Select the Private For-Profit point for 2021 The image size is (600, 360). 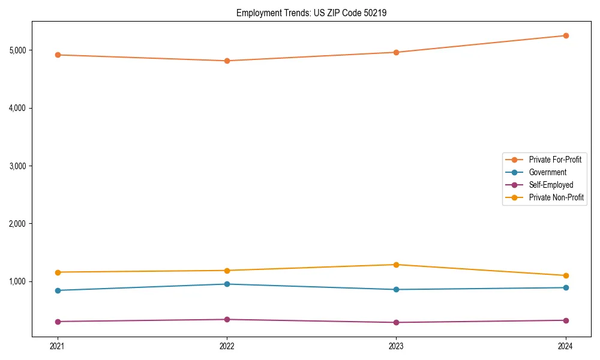[58, 55]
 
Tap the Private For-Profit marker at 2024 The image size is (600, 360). [565, 35]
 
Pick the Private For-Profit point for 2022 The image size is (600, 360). [227, 61]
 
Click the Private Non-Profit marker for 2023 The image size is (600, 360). [396, 265]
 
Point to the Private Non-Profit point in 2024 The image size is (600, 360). [565, 275]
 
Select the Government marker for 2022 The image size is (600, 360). [227, 284]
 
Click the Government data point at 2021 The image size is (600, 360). [58, 290]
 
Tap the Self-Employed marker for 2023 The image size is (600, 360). [396, 322]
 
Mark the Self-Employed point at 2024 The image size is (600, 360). [565, 320]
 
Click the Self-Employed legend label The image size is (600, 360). [551, 185]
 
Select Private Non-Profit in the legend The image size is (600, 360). [556, 197]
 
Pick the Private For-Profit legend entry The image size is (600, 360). [555, 160]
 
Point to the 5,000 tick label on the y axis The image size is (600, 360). [19, 50]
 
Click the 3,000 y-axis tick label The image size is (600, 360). [19, 166]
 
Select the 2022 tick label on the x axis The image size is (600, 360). [227, 346]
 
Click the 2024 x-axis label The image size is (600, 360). [565, 346]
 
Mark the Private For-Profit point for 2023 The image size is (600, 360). [396, 52]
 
